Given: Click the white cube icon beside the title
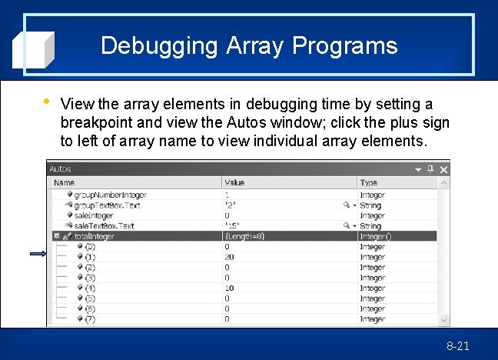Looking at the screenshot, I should tap(33, 49).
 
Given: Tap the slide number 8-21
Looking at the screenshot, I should tap(457, 346).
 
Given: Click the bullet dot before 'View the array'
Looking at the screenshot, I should tap(48, 102).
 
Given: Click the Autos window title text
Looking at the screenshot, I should tap(60, 169).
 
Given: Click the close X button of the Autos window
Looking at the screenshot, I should tap(443, 169).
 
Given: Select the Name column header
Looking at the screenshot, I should tap(65, 182).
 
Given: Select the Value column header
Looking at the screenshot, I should tap(234, 182).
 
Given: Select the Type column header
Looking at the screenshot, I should tap(369, 182).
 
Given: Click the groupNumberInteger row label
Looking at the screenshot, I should tap(110, 195).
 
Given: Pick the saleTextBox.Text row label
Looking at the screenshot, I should tap(104, 226).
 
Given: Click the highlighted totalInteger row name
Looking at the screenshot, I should tap(95, 237).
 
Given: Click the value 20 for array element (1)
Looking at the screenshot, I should tap(229, 257).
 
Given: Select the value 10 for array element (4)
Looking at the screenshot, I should tap(229, 288).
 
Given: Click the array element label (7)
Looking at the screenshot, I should tap(91, 318).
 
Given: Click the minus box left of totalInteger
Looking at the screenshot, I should tap(56, 237).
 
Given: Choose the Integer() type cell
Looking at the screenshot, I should tap(376, 237).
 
